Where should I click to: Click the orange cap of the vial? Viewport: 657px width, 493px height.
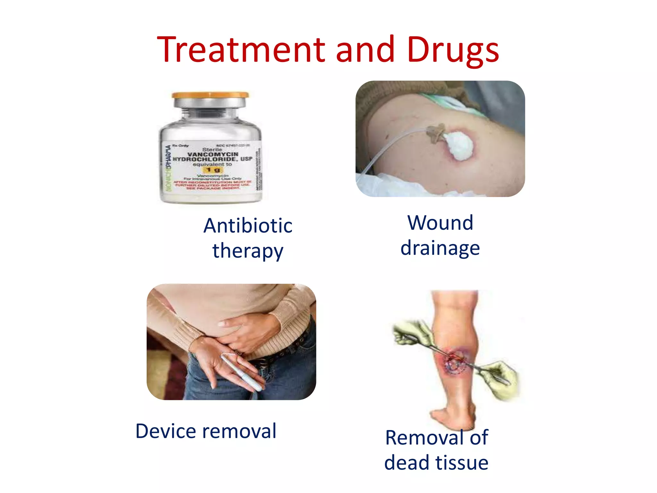point(210,95)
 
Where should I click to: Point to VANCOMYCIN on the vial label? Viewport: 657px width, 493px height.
point(213,154)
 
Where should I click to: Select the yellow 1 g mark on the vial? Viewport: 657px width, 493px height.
point(213,169)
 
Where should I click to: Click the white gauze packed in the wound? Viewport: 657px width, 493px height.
point(458,146)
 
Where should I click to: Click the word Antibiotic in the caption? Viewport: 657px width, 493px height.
point(248,225)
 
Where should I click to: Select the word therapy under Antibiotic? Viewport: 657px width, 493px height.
point(248,251)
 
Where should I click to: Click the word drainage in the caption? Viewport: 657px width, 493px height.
point(440,248)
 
